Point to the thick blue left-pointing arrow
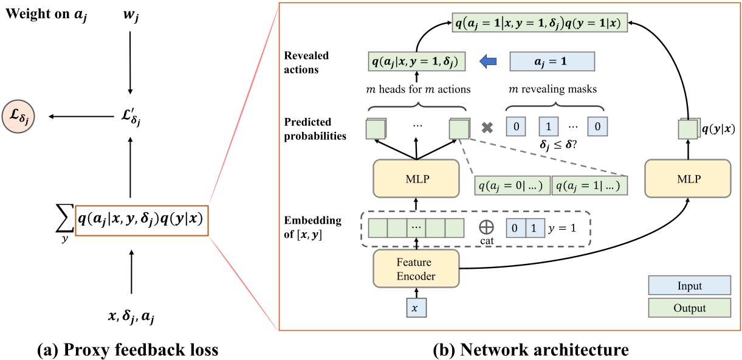point(487,61)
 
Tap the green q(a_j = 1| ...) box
point(589,185)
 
